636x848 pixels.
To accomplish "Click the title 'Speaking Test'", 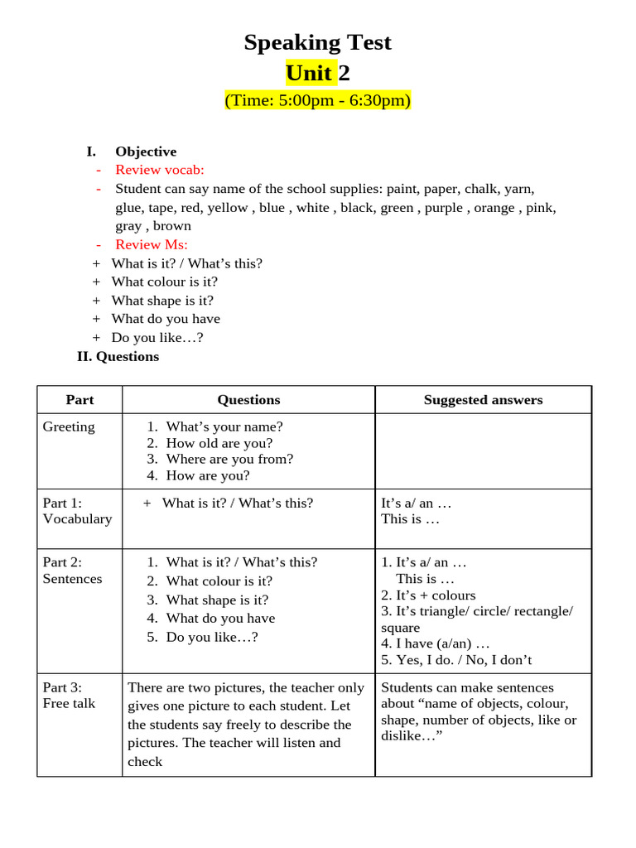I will [x=317, y=42].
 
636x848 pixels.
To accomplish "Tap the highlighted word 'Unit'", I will [x=309, y=73].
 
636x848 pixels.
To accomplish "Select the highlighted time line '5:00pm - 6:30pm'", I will [x=317, y=101].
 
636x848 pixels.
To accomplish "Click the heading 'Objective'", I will [x=146, y=152].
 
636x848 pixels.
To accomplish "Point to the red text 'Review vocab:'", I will [x=159, y=170].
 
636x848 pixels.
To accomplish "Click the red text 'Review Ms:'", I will [x=152, y=244].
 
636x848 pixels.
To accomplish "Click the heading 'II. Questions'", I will [x=118, y=357].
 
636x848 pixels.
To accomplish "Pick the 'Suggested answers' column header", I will [x=483, y=400].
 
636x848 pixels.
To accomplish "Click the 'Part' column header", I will [x=79, y=400].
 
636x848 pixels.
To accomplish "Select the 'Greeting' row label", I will [x=69, y=427].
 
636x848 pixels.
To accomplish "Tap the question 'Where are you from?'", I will [x=229, y=459].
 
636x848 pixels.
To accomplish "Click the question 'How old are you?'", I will [x=219, y=443].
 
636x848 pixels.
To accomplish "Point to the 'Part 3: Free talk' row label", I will [x=69, y=696].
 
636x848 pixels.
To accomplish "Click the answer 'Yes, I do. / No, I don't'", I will [x=464, y=660].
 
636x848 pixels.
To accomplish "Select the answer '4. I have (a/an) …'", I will [x=436, y=643].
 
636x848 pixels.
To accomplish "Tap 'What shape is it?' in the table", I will [x=217, y=600].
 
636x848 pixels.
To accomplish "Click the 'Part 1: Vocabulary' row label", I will [x=77, y=511].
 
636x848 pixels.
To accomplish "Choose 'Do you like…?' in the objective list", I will [x=157, y=338].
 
